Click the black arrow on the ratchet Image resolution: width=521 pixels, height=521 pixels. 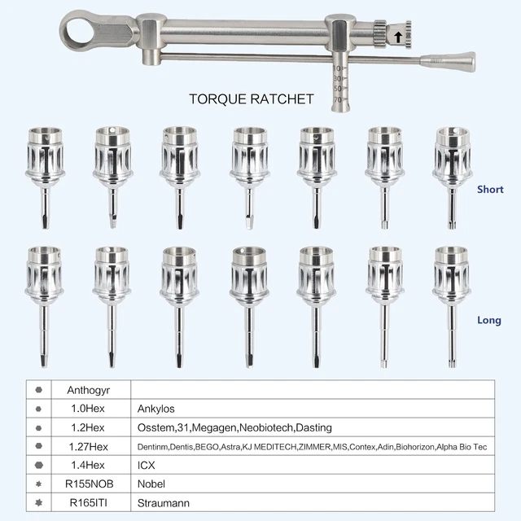point(398,37)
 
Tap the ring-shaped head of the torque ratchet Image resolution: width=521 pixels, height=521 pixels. point(68,31)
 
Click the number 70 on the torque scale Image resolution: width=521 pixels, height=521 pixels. point(337,99)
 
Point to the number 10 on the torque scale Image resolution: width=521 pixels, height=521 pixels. point(337,68)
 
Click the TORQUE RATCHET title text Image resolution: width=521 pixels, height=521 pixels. point(252,99)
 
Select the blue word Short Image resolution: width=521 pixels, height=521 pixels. point(490,190)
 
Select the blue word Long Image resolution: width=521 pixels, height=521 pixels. point(489,320)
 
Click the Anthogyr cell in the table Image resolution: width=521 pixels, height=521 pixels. point(89,390)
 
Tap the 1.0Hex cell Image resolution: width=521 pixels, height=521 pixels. point(88,409)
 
